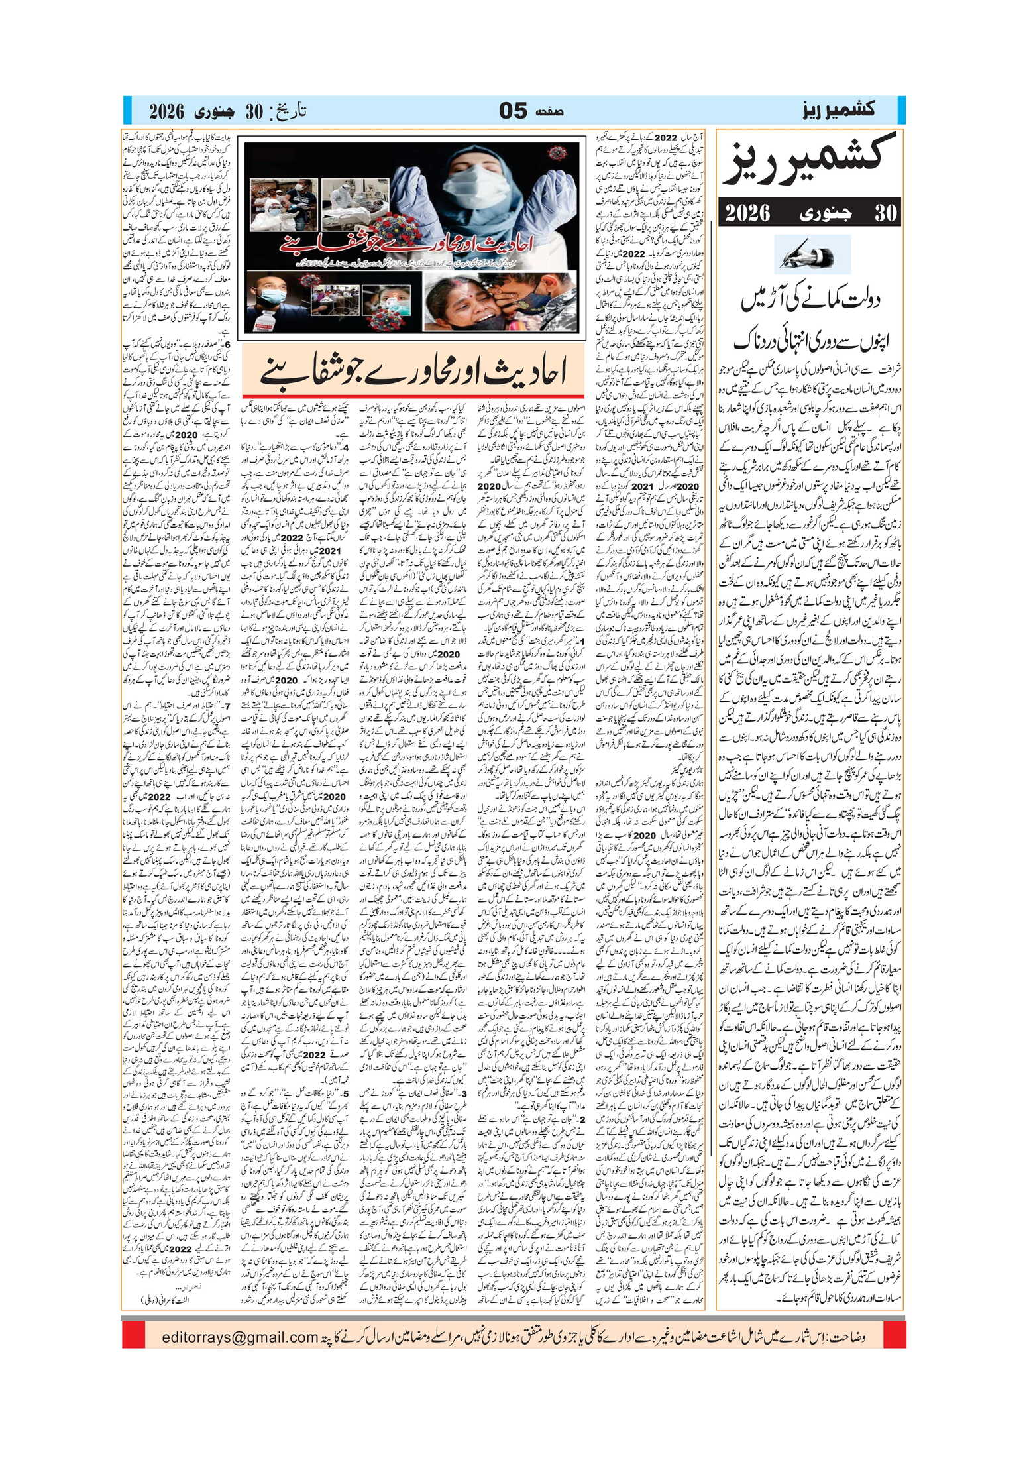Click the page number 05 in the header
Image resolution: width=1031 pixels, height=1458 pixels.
[513, 110]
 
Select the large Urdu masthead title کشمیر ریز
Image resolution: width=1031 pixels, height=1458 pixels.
[811, 163]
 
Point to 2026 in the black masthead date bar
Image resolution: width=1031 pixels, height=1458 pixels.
[747, 213]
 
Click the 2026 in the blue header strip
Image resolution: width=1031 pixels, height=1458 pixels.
[166, 111]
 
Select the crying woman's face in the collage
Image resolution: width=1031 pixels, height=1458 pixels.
[464, 302]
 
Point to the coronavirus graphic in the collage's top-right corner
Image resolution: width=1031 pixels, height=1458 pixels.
[558, 154]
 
